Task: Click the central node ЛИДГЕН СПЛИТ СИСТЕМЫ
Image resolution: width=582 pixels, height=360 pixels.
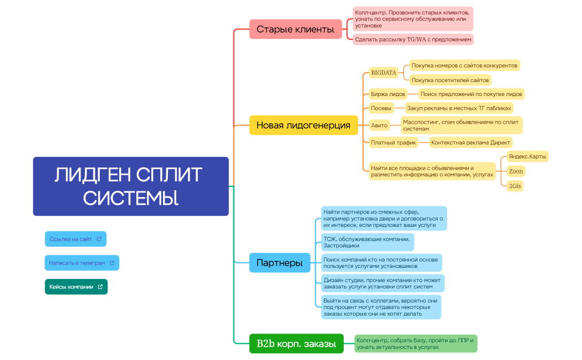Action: [131, 186]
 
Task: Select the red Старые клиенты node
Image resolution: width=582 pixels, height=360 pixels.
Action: [295, 29]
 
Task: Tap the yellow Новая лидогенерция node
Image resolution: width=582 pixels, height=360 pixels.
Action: [303, 125]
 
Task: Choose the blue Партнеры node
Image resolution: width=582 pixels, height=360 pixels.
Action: [279, 262]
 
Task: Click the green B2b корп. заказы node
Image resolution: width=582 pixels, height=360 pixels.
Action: [296, 344]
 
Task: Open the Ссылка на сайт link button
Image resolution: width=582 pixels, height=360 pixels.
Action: [75, 239]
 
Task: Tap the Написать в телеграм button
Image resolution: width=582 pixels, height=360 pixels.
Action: [81, 263]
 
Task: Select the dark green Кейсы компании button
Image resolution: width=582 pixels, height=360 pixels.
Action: [76, 287]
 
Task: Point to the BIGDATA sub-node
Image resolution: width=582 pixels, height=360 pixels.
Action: [384, 73]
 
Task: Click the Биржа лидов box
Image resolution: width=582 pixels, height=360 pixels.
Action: [388, 94]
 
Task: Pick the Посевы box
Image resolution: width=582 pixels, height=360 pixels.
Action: [381, 108]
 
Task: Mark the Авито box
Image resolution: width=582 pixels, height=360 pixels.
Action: [380, 125]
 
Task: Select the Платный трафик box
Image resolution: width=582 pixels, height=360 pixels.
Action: [394, 143]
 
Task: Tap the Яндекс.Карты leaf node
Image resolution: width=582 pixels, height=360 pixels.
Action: [528, 156]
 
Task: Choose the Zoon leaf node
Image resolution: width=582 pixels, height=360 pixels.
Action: [515, 171]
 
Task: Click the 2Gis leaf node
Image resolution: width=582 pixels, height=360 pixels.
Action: [514, 186]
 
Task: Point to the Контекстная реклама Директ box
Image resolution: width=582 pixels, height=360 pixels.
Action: [471, 143]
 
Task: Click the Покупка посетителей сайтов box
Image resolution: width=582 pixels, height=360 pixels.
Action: [450, 80]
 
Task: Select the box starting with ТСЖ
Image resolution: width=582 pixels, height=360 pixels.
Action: [367, 242]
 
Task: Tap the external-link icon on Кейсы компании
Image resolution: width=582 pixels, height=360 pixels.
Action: [100, 287]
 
